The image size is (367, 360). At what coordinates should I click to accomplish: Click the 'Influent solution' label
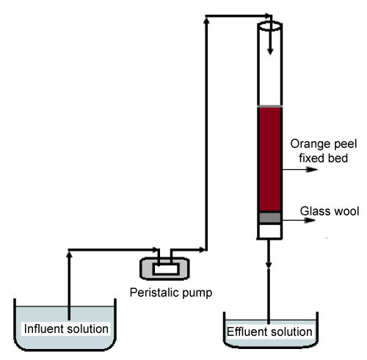66,328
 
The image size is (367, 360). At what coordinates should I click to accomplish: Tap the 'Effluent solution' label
269,331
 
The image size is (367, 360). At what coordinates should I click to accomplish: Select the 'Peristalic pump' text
171,293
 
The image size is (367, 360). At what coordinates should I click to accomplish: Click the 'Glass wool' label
330,211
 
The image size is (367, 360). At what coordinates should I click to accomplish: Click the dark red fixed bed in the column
270,159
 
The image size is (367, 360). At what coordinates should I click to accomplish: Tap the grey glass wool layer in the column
270,218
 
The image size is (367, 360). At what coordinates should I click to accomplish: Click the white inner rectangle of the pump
165,269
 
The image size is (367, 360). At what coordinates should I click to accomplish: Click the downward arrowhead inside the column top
270,51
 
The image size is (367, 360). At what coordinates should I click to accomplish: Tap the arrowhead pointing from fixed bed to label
312,169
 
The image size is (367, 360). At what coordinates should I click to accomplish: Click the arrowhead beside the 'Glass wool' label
310,220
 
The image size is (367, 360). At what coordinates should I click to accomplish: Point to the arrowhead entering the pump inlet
155,250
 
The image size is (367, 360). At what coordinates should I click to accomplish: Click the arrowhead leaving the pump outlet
202,250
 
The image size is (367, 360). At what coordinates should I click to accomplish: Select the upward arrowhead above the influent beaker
69,254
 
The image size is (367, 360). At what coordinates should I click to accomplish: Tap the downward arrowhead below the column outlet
269,265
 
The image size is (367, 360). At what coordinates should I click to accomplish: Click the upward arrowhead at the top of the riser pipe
206,21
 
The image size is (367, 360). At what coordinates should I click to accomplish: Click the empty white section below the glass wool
270,231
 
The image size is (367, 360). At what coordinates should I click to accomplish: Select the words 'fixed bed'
323,158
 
